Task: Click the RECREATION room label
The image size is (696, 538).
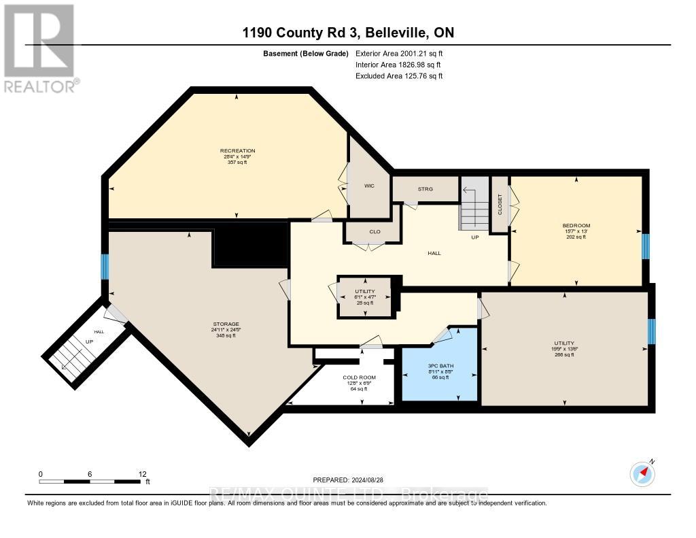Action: pos(237,151)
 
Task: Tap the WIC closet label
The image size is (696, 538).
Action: pos(369,186)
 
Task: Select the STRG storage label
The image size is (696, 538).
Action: pos(425,189)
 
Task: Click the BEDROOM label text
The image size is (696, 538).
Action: pos(576,226)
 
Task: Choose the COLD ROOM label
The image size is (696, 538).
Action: pos(359,377)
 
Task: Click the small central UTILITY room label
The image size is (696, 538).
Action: pos(364,291)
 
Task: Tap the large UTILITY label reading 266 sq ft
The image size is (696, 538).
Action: pos(564,343)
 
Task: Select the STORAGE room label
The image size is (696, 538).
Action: pos(225,324)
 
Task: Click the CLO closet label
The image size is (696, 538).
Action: pos(375,232)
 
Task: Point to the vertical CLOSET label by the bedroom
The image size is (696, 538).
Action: pos(500,204)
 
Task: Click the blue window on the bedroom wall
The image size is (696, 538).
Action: pos(646,248)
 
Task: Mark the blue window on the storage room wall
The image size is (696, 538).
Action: pos(105,267)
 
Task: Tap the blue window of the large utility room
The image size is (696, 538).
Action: pos(651,331)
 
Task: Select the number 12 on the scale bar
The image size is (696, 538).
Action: pos(142,474)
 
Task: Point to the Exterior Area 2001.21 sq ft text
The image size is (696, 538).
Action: pos(399,53)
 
